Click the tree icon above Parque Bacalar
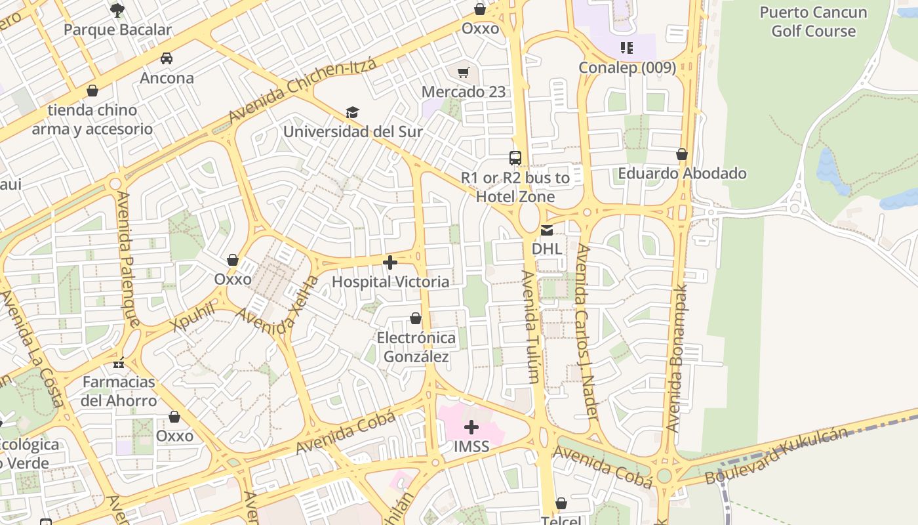coord(117,10)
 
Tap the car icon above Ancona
coord(167,58)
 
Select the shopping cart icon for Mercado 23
coord(464,72)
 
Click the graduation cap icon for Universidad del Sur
coord(353,112)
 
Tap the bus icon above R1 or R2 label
coord(515,158)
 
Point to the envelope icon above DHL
coord(546,230)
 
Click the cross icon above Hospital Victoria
coord(390,262)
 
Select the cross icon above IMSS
coord(471,428)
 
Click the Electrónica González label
coord(416,347)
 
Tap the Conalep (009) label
coord(627,68)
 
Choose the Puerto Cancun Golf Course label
coord(813,22)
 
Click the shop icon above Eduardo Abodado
coord(682,154)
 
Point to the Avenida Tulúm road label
coord(531,326)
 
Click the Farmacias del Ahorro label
coord(119,391)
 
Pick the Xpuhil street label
coord(192,317)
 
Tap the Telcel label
coord(561,520)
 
